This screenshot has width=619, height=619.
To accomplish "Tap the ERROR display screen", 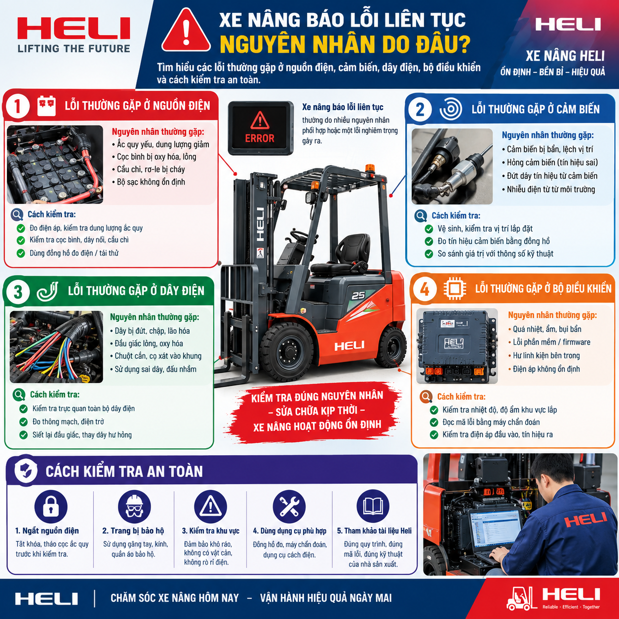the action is pos(261,128).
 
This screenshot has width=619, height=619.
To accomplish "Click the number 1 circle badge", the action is pos(17,106).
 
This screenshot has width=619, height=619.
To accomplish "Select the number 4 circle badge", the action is pos(425,289).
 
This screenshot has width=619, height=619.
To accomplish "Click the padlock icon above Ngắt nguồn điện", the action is pos(51,506).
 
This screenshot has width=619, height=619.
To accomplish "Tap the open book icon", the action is pos(373,506).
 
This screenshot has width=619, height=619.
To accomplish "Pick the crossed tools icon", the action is pos(289,506).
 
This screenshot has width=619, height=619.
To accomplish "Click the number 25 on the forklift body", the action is pos(358,295).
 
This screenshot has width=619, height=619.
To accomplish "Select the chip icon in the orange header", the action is pos(455,289).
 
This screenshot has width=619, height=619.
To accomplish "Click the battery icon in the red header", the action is pos(46,105).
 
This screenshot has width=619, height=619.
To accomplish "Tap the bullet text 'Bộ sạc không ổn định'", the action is pos(151,182).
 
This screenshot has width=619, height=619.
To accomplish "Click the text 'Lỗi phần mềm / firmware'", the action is pos(551,342).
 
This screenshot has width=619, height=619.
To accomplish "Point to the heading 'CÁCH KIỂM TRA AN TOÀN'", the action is pos(124,471).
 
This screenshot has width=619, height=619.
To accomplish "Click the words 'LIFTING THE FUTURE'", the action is pos(74,48).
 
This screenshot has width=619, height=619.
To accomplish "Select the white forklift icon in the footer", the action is pos(521,598).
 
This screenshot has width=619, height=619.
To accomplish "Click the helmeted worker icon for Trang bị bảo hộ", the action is pos(134,506).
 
